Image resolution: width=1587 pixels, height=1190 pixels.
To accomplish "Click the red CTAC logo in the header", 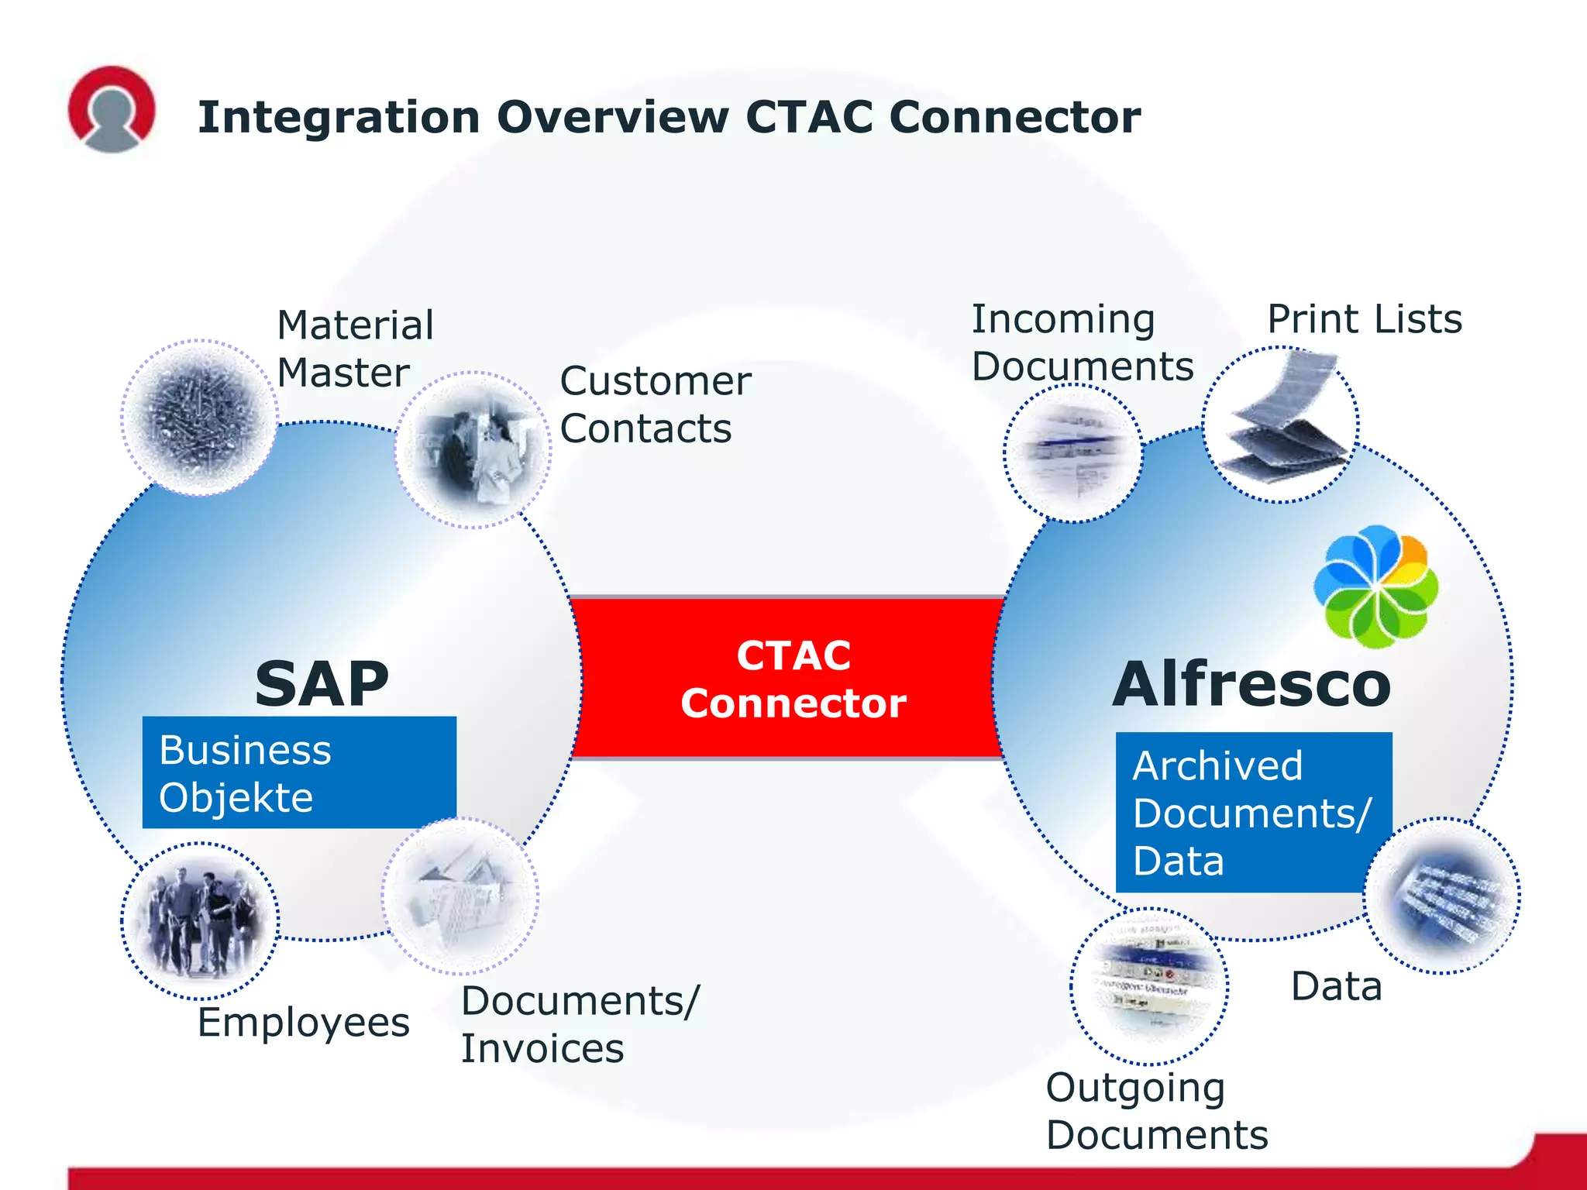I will pos(112,108).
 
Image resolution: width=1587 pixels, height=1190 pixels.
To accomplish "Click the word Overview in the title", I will pos(612,118).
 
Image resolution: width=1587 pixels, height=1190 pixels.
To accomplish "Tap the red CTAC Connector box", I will pos(792,679).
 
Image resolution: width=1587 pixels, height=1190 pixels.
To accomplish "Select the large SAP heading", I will pos(322,684).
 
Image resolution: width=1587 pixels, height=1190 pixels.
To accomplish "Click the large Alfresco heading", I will pos(1251,684).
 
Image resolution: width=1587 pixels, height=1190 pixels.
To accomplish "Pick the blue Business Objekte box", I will pos(299,772).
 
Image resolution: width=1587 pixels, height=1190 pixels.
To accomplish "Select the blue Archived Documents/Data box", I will pos(1240,812).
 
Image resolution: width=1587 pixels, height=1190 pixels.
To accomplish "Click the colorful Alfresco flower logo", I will pos(1375,586).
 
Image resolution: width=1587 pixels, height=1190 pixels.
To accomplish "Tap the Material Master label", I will pos(355,349).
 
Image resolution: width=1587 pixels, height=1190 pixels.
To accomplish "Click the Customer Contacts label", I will pos(655,404).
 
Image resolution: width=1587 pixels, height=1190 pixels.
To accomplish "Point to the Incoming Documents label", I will pos(1082,342).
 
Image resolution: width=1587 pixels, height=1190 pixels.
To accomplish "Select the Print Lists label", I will pos(1364,319).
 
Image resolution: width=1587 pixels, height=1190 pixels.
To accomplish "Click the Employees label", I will pos(303,1023).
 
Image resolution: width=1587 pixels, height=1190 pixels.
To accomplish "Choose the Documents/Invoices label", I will pos(580,1024).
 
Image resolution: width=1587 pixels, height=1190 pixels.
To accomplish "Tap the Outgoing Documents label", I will pos(1156,1111).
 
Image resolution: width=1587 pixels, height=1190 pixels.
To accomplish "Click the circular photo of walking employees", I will pos(200,920).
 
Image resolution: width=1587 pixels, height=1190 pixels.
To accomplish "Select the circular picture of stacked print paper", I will pos(1280,424).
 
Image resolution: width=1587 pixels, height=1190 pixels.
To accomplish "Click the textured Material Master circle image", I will pos(199,418).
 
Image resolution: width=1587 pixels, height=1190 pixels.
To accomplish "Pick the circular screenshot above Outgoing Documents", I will pos(1149,985).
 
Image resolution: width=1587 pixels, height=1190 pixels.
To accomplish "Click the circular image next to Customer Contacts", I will pos(473,449).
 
